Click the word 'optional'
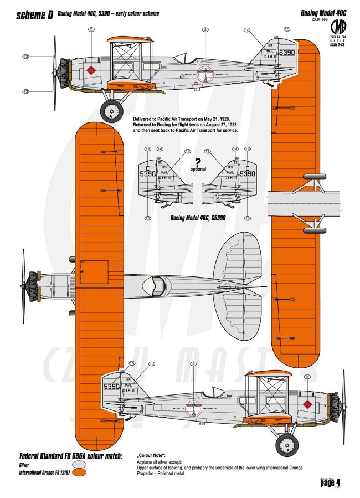(198, 169)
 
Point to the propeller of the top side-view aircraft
(54, 72)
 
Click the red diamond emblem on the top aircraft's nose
(91, 70)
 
